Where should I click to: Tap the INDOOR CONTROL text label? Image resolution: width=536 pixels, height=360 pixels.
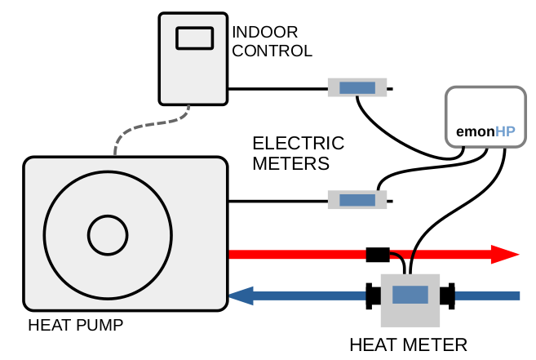click(272, 41)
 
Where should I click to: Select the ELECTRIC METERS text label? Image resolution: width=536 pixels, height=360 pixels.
click(298, 153)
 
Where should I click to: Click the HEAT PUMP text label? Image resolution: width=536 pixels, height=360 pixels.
click(75, 325)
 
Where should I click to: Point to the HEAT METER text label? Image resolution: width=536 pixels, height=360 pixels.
click(408, 344)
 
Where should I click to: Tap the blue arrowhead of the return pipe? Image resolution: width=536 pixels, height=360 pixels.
click(243, 296)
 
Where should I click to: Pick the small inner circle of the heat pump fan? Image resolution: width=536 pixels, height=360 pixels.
click(109, 236)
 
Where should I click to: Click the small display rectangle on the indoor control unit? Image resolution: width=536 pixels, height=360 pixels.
click(194, 37)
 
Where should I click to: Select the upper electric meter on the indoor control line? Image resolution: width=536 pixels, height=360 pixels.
click(357, 87)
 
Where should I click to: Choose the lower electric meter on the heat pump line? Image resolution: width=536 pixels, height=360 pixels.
click(357, 199)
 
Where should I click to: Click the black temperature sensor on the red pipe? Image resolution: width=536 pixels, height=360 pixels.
click(378, 254)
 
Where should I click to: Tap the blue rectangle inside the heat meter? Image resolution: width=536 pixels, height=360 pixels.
click(410, 296)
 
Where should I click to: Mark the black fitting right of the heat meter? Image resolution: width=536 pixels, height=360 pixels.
click(448, 296)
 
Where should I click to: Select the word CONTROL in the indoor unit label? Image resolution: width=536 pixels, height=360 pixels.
click(272, 51)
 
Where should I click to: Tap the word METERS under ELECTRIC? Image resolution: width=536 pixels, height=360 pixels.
click(290, 163)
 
